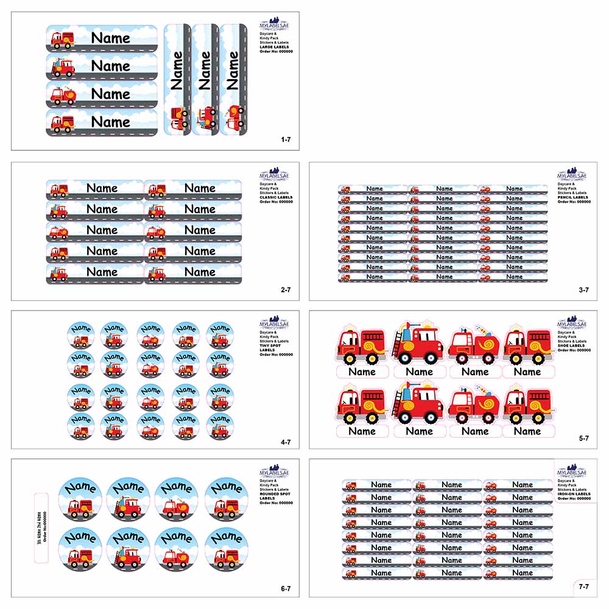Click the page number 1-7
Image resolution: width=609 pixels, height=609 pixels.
(286, 140)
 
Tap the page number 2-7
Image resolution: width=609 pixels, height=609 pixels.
(286, 290)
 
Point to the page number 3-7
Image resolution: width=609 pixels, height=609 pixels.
(583, 290)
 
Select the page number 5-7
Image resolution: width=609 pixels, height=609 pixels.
(583, 438)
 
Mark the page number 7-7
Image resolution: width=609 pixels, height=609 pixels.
(583, 586)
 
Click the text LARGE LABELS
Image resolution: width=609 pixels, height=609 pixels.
(275, 47)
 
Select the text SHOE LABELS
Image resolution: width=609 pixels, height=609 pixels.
(572, 346)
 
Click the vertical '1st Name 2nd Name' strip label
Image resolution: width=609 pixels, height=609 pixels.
(41, 527)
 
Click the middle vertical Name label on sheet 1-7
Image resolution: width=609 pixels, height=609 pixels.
(205, 79)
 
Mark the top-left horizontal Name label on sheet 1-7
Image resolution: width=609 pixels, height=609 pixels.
(102, 38)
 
